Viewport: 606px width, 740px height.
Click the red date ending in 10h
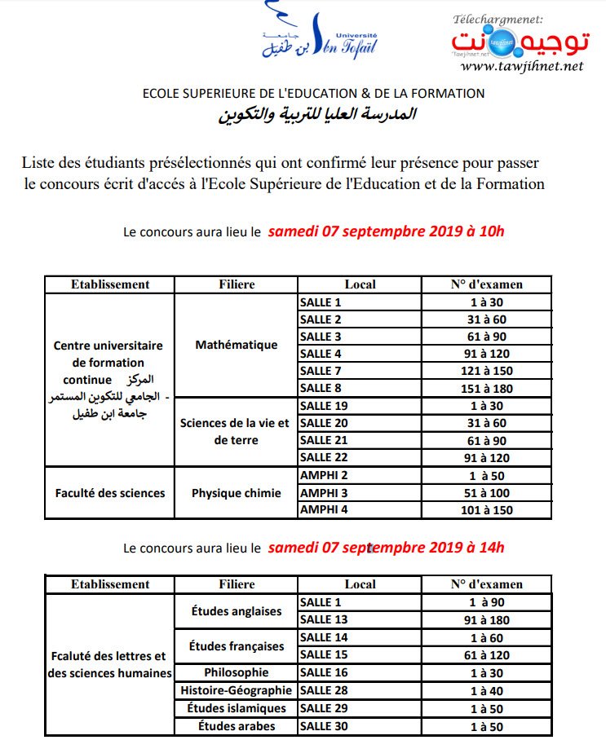pyautogui.click(x=387, y=231)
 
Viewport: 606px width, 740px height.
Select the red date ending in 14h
pyautogui.click(x=386, y=547)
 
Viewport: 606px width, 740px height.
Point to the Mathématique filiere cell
pyautogui.click(x=237, y=345)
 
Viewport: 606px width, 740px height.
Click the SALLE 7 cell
pyautogui.click(x=360, y=371)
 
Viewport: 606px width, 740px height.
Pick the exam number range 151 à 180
pyautogui.click(x=486, y=388)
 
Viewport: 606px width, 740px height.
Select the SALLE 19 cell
pyautogui.click(x=360, y=405)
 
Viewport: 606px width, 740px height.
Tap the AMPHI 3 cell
pyautogui.click(x=360, y=492)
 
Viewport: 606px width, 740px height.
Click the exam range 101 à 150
pyautogui.click(x=486, y=509)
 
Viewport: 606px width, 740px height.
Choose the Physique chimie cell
pyautogui.click(x=237, y=492)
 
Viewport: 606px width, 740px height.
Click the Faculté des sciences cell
pyautogui.click(x=110, y=492)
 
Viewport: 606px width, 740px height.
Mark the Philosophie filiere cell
pyautogui.click(x=237, y=672)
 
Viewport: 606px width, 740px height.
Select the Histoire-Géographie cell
pyautogui.click(x=237, y=690)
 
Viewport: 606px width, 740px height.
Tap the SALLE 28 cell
pyautogui.click(x=360, y=690)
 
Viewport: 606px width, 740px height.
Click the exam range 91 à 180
pyautogui.click(x=486, y=620)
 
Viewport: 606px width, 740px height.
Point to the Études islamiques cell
pyautogui.click(x=237, y=708)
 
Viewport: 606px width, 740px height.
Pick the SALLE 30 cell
pyautogui.click(x=360, y=726)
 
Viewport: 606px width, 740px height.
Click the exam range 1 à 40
pyautogui.click(x=486, y=690)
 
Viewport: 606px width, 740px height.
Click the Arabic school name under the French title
pyautogui.click(x=316, y=114)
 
